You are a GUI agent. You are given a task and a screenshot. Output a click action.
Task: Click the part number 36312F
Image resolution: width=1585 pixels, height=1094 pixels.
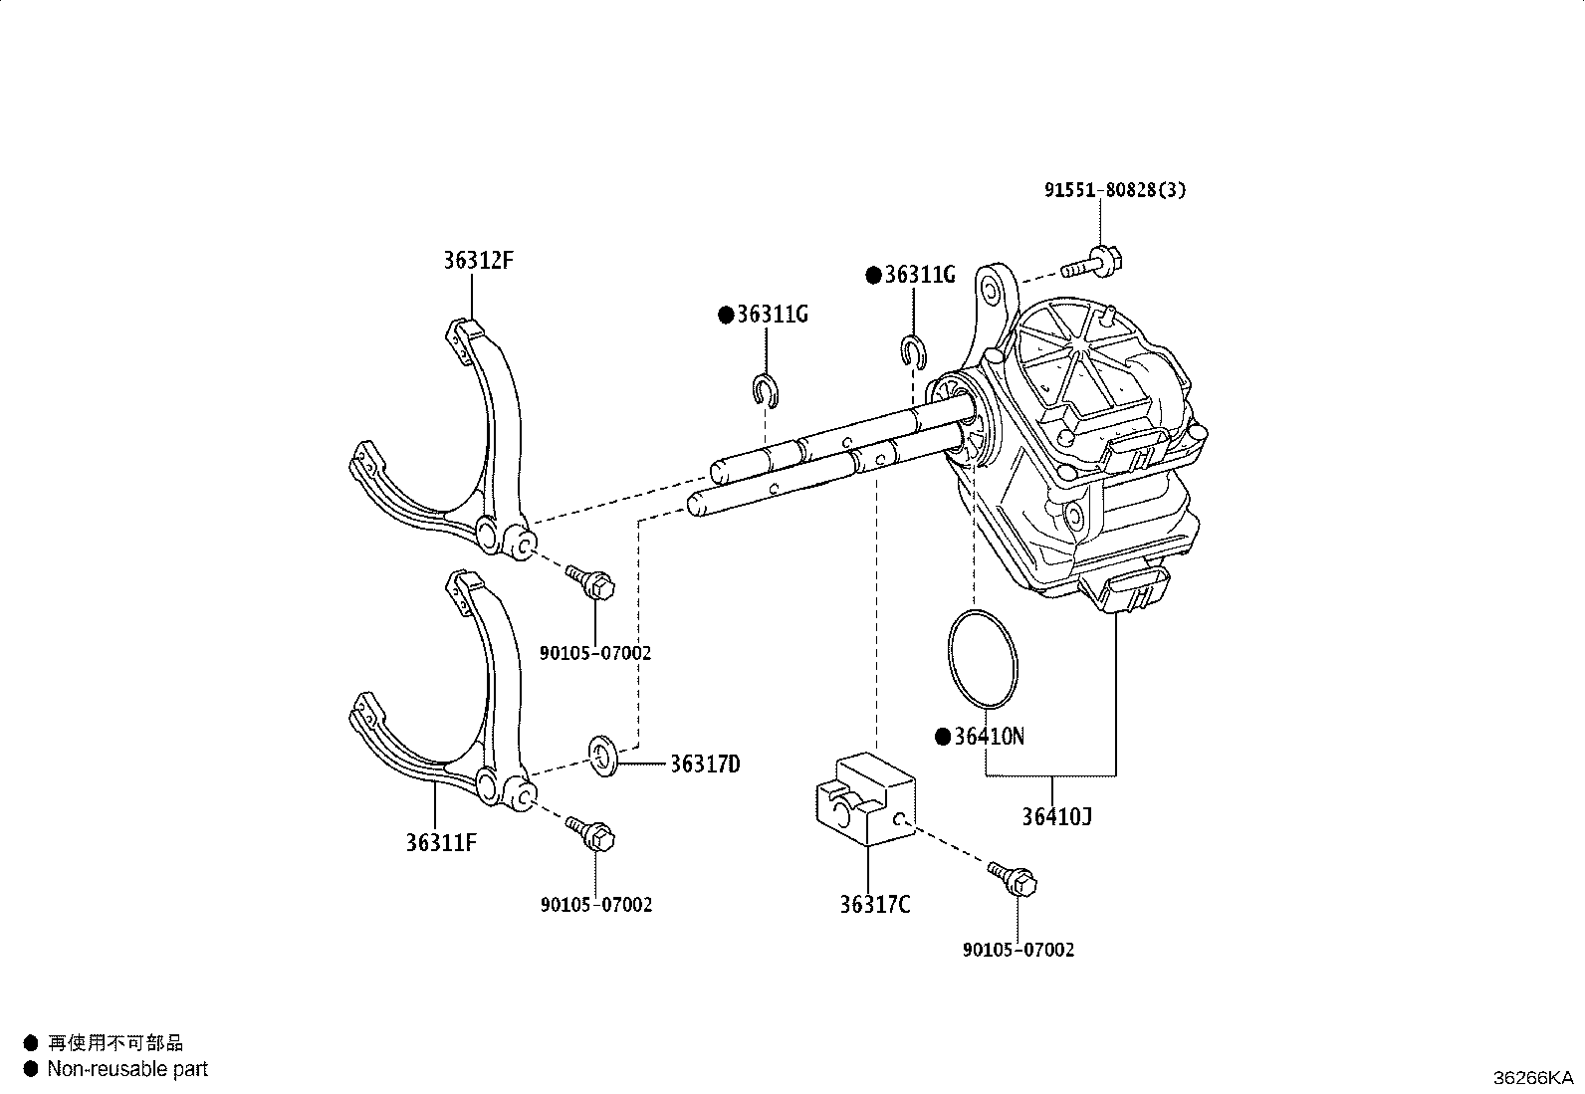point(478,261)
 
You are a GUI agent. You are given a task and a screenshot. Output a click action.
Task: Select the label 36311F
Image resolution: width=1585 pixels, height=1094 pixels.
point(441,842)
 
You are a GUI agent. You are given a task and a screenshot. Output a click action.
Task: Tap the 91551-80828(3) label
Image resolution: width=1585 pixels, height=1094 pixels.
point(1115,189)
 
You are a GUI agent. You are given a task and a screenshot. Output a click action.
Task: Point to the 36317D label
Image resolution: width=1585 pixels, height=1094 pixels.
point(704,765)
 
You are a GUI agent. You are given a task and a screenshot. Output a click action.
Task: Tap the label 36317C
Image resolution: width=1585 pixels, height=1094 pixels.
point(874,905)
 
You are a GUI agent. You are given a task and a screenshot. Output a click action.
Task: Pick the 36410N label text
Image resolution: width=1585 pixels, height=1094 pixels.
point(989,737)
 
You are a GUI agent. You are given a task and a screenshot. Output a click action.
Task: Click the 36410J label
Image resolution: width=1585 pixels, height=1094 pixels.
point(1056,817)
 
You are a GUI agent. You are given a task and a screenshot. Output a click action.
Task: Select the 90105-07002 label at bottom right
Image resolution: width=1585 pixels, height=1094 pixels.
point(1019,950)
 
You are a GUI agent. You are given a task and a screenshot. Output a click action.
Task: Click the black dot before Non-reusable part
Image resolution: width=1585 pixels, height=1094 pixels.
point(30,1068)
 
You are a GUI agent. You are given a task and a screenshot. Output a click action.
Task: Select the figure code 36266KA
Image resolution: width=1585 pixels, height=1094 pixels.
point(1532,1077)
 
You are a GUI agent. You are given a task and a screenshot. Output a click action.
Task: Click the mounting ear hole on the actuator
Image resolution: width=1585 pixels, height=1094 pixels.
point(990,291)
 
